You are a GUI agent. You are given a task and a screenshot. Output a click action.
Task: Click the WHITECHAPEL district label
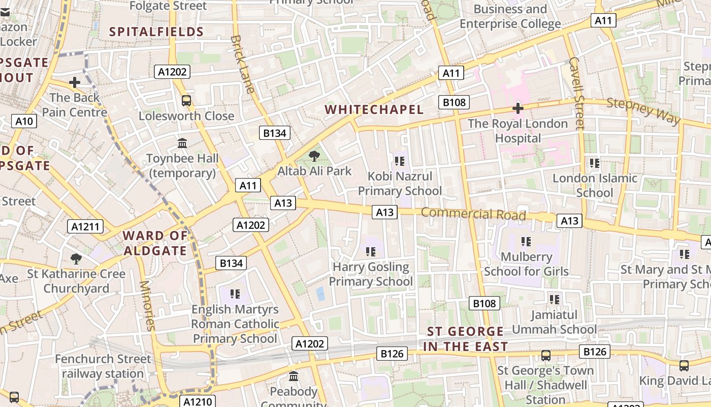(374, 110)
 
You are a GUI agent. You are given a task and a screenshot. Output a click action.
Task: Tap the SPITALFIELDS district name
(156, 32)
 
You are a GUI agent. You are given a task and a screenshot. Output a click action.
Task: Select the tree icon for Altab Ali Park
(314, 156)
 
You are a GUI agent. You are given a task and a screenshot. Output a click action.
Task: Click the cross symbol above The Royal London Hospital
(518, 108)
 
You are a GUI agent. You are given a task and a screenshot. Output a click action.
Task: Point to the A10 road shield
(24, 121)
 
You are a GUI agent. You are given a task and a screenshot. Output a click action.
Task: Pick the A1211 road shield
(86, 227)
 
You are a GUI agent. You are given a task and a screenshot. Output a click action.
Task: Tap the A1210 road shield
(198, 402)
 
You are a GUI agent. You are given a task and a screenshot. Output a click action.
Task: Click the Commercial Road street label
(473, 214)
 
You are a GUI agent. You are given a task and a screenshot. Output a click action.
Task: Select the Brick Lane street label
(242, 64)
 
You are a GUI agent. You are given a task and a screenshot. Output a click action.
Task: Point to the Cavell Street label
(577, 93)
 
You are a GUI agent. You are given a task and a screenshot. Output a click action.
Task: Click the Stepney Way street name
(643, 111)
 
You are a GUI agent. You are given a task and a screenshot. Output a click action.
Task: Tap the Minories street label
(147, 305)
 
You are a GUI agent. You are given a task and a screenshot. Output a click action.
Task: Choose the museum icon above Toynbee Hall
(182, 143)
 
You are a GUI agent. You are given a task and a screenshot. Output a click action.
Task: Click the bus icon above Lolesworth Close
(186, 101)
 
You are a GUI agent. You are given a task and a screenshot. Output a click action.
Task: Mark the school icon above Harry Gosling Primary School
(371, 252)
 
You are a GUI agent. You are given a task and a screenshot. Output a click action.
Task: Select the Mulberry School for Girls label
(526, 264)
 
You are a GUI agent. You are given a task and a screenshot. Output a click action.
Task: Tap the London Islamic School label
(595, 185)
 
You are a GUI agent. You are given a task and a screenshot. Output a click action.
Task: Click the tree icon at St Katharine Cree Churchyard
(76, 259)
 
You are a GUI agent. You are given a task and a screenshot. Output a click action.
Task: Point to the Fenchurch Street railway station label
(103, 366)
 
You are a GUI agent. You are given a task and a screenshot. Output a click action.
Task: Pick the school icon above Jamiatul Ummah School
(554, 300)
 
